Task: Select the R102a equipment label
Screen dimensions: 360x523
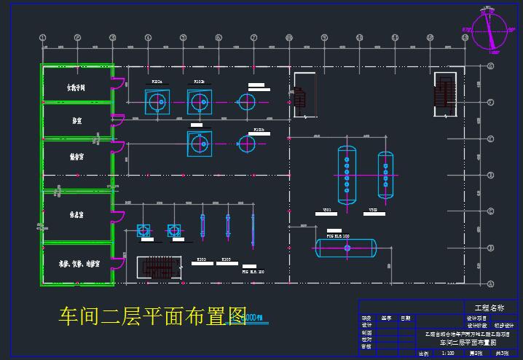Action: pos(157,82)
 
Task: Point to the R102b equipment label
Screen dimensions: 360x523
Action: pos(199,82)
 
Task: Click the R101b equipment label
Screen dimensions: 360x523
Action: pos(259,130)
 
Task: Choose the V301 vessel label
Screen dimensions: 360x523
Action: pos(328,210)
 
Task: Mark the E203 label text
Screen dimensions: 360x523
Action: pos(226,259)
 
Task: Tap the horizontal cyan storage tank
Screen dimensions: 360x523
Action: pos(346,249)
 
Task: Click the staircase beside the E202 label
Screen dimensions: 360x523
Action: pos(159,267)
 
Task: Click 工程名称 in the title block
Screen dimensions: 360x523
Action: pos(488,308)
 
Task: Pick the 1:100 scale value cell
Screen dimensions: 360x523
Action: pos(447,353)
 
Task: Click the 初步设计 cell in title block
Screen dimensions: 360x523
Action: pos(504,325)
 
